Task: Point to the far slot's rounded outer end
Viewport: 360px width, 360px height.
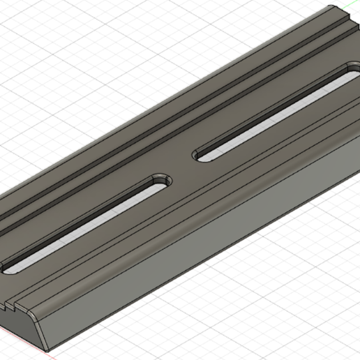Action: (x=351, y=70)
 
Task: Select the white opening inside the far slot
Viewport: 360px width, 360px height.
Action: (x=279, y=112)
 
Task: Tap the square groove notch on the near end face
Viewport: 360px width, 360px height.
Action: (x=14, y=305)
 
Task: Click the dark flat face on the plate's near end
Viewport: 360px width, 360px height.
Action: (x=21, y=317)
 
